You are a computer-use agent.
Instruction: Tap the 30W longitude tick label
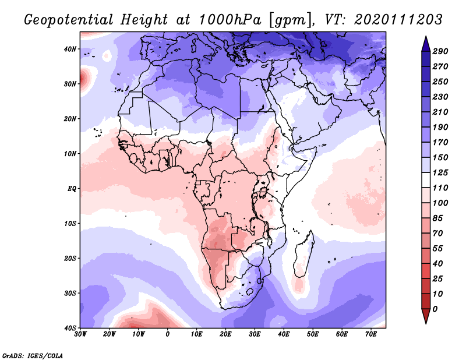tap(81, 334)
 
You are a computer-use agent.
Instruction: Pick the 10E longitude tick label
tap(197, 334)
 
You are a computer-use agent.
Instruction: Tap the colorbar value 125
tap(440, 173)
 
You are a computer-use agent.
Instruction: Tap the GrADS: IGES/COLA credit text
tap(33, 355)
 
